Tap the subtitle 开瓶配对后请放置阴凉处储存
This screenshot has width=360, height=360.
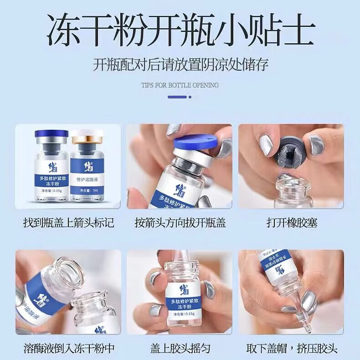tap(180, 64)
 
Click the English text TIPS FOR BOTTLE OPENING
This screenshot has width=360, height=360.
tap(180, 85)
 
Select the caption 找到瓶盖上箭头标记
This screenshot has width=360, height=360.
tap(68, 223)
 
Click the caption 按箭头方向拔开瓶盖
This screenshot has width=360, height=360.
tap(180, 223)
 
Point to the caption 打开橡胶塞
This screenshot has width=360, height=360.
tap(292, 223)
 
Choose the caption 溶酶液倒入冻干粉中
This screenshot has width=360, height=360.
tap(68, 349)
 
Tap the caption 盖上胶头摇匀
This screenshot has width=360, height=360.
tap(180, 349)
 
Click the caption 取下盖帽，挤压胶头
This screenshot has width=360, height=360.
tap(292, 349)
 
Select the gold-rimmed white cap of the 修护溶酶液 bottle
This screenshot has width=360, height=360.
tap(87, 136)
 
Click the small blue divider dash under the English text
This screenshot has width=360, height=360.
tap(177, 97)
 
